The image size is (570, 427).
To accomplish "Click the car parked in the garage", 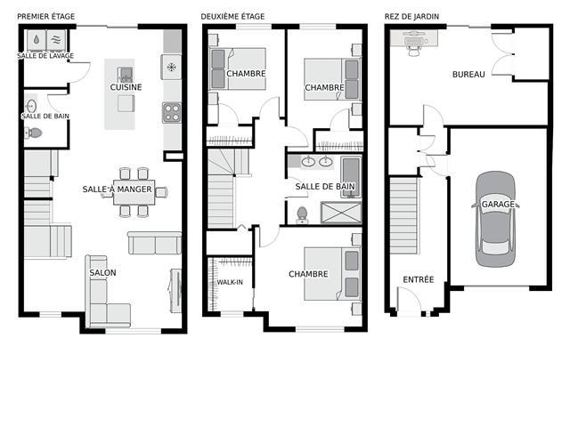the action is tap(495, 219).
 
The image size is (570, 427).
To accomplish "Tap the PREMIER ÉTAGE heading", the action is tap(45, 17).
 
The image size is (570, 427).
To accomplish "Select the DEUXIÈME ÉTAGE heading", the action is tap(232, 17).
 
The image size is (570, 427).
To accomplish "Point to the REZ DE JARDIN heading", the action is tap(411, 17).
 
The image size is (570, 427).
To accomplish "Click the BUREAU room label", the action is tap(468, 75).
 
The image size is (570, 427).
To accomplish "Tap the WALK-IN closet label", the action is tap(230, 282).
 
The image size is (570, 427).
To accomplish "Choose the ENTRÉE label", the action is tap(419, 279).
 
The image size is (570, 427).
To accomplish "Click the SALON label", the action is tap(103, 273).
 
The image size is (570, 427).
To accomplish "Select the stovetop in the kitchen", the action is tap(172, 113).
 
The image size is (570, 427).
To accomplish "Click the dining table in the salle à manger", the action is tap(134, 192).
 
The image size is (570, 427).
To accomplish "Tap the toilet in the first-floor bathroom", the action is tap(34, 133).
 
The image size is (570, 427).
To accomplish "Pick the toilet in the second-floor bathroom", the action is tap(302, 214).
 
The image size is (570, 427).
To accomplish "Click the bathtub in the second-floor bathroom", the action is tap(350, 177).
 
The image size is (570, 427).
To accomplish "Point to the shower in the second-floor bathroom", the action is tap(341, 213).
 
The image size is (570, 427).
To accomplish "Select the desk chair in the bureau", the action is tap(413, 46).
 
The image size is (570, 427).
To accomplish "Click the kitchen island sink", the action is tap(125, 74).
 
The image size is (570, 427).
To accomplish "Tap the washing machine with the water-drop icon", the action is tap(37, 40).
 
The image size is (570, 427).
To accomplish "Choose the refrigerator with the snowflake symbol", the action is tap(171, 67).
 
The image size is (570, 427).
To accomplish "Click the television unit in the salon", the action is tap(176, 291).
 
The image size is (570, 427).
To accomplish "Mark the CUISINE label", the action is tap(126, 87).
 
